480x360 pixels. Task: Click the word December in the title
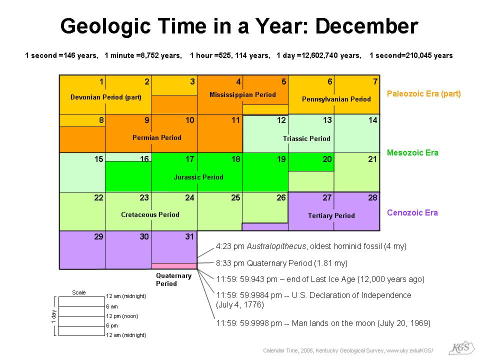[366, 26]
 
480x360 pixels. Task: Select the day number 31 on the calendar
[189, 236]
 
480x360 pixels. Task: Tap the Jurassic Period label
[198, 177]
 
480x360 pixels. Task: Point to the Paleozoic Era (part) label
[423, 93]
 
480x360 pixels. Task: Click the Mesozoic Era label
[412, 152]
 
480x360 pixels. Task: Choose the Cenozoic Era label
[412, 212]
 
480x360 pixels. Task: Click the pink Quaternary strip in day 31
[174, 266]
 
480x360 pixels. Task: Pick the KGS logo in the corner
[461, 348]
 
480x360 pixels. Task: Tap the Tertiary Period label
[331, 215]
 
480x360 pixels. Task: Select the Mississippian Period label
[242, 94]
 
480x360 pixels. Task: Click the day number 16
[144, 159]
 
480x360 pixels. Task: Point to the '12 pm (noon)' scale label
[122, 316]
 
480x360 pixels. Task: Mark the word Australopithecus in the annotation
[276, 246]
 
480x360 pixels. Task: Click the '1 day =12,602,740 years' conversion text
[318, 55]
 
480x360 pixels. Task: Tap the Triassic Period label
[306, 138]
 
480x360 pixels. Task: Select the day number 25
[235, 197]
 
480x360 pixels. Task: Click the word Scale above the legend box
[78, 292]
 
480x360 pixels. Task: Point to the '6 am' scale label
[111, 306]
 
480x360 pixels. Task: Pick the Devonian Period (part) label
[105, 97]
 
